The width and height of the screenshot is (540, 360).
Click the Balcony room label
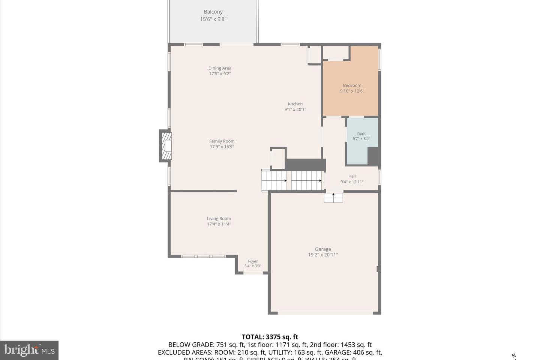[x=213, y=12]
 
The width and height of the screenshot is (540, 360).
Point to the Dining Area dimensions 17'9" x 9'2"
[x=220, y=74]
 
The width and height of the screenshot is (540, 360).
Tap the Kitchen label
[x=295, y=104]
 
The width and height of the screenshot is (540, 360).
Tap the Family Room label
[x=222, y=141]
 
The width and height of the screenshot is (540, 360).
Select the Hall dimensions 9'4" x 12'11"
[x=352, y=182]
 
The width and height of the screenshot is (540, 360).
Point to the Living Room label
[x=219, y=219]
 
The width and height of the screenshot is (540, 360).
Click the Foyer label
[x=253, y=261]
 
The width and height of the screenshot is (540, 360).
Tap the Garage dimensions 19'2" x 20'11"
[x=323, y=255]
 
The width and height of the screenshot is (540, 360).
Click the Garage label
[x=323, y=249]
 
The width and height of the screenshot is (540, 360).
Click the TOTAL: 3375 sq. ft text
[x=270, y=337]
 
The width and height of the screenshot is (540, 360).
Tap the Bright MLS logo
[x=29, y=350]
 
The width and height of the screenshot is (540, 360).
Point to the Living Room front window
[x=203, y=256]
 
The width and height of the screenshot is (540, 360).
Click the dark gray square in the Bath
[x=373, y=156]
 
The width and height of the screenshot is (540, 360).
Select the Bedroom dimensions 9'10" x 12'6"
[x=352, y=91]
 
